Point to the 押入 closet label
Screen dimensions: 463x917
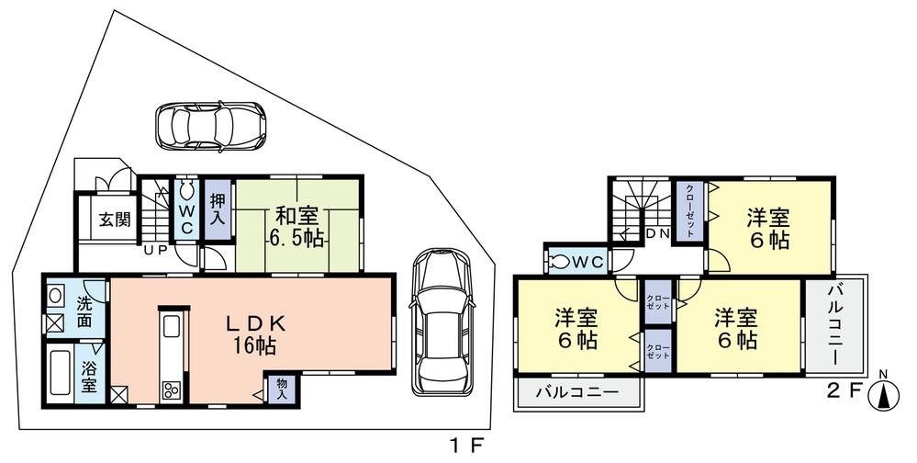[x=218, y=210]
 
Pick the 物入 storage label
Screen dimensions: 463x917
[x=282, y=389]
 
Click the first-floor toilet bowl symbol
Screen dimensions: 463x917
[x=187, y=191]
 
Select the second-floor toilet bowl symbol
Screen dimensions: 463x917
[x=559, y=262]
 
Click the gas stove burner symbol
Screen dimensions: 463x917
[x=171, y=390]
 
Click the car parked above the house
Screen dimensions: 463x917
[x=210, y=125]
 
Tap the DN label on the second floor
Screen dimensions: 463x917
[x=657, y=234]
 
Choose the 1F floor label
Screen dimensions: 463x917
[x=466, y=447]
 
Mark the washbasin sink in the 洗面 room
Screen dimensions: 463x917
[x=54, y=297]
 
